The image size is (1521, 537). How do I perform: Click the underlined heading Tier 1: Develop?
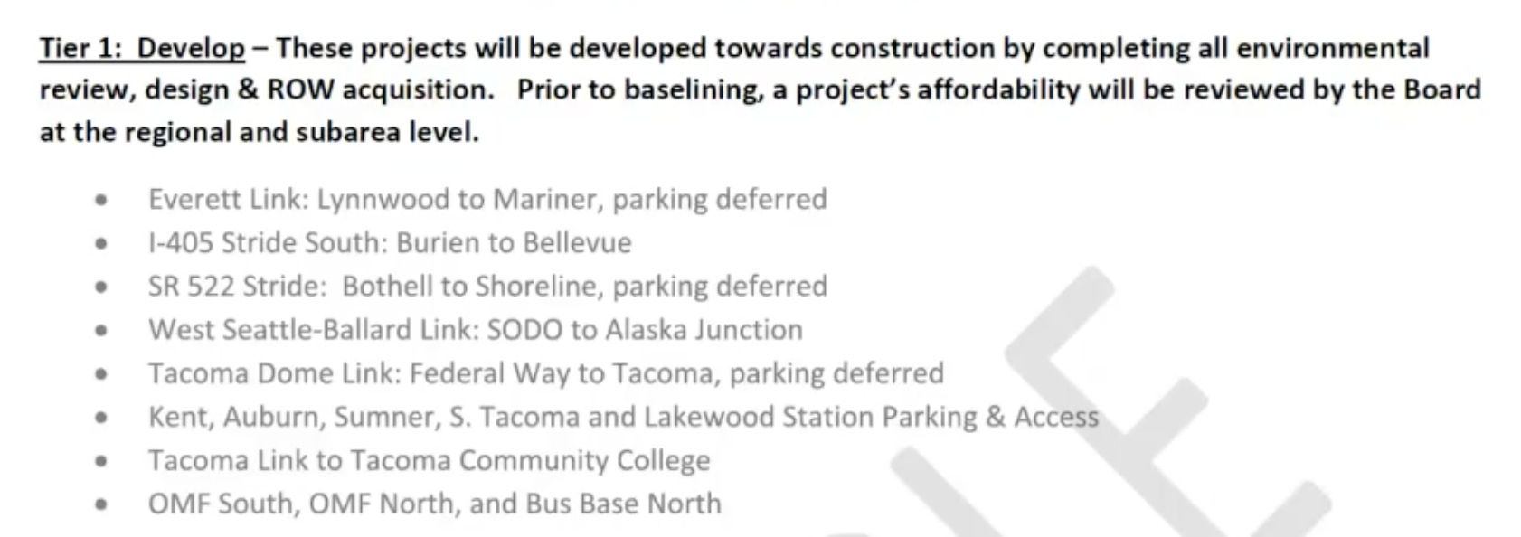coord(142,48)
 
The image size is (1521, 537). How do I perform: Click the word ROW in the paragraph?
coord(301,89)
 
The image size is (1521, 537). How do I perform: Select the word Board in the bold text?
coord(1441,89)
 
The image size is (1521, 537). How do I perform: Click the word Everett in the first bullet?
coord(195,199)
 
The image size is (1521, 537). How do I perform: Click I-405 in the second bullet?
coord(181,242)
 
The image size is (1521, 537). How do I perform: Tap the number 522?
coord(212,286)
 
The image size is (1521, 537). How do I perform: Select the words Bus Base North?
coord(623,503)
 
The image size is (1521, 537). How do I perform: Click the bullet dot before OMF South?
coord(102,504)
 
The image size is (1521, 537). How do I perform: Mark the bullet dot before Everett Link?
coord(102,201)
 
